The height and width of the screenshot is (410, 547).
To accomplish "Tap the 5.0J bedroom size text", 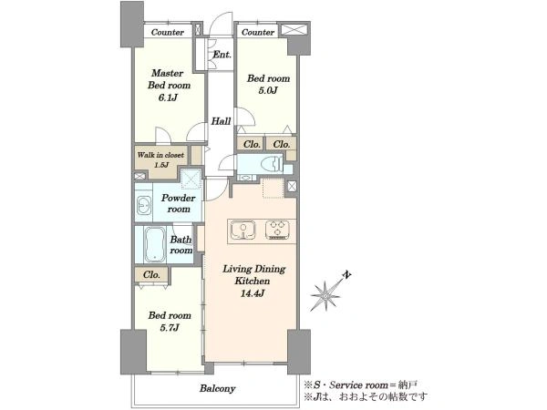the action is point(268,90).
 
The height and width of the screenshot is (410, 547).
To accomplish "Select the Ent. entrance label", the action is point(222,55).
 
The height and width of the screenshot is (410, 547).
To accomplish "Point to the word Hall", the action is point(221,121).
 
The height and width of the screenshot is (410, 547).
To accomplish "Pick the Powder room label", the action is point(179,203).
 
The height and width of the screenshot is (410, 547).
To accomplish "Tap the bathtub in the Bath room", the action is point(155,244).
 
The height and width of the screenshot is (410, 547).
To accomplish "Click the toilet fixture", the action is point(272,164).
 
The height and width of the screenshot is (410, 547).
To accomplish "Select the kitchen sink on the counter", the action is point(243,231).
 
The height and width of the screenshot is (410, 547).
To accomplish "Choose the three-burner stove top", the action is point(278,231).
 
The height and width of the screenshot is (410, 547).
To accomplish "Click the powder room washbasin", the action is point(143,205).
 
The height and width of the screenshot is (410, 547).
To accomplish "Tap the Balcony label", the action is point(217,388).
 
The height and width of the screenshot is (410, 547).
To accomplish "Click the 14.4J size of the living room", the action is point(252,293).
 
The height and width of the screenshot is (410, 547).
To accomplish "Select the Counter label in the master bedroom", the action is point(168,33).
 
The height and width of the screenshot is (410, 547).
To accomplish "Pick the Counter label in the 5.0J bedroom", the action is point(258,33).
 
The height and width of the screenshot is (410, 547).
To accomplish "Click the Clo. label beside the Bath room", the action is point(151,275).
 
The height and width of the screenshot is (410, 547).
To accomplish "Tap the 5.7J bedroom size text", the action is point(170,328).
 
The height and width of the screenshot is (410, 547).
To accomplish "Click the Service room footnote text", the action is point(360,384).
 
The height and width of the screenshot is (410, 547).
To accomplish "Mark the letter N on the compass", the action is point(346,275).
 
